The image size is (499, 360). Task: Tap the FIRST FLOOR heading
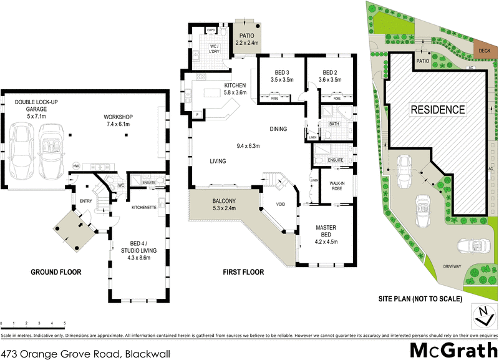tap(243, 273)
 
